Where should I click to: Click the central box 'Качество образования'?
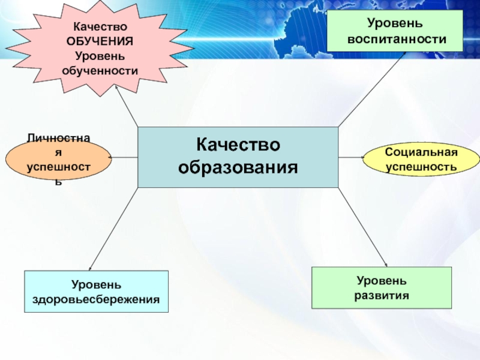pyautogui.click(x=238, y=157)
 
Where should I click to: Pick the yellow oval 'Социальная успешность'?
pyautogui.click(x=421, y=159)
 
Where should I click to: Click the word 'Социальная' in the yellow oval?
pyautogui.click(x=421, y=152)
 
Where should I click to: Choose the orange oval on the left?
pyautogui.click(x=59, y=160)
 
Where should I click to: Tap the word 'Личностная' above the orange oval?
pyautogui.click(x=59, y=139)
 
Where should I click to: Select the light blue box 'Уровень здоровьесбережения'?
pyautogui.click(x=97, y=292)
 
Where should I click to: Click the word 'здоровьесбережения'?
pyautogui.click(x=97, y=298)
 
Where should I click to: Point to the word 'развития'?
pyautogui.click(x=382, y=295)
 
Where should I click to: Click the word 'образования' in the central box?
pyautogui.click(x=238, y=166)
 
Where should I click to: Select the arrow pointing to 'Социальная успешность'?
pyautogui.click(x=352, y=157)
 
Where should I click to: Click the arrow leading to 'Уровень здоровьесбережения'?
pyautogui.click(x=114, y=228)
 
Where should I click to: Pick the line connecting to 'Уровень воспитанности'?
pyautogui.click(x=372, y=90)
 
